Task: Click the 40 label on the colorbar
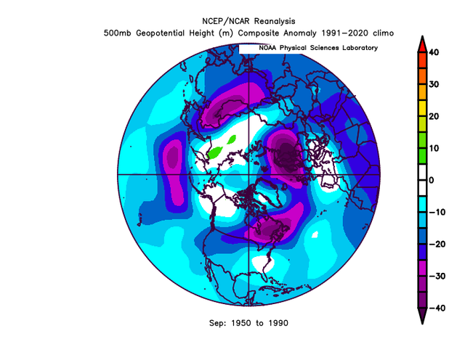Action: tap(434, 52)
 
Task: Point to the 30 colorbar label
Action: tap(434, 84)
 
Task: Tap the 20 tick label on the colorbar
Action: tap(434, 116)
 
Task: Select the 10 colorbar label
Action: tap(434, 149)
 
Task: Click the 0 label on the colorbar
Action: tap(432, 180)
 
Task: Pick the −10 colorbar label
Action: tap(437, 212)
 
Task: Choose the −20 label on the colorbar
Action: tap(437, 244)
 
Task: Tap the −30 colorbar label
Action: tap(437, 276)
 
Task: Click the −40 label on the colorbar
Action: tap(437, 308)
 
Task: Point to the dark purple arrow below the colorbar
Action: tap(422, 315)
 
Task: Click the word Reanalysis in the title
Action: tap(275, 21)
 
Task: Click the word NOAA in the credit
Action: tap(268, 48)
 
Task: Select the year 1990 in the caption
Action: tap(278, 323)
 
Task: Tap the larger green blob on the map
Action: tap(215, 152)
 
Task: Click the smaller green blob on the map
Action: tap(232, 139)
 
